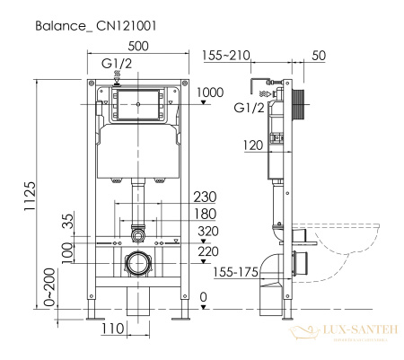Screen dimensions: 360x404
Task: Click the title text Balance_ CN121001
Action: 97,26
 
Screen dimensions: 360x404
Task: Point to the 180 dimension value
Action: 206,215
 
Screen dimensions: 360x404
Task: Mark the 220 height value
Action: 207,252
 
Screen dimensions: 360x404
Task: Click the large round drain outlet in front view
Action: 140,264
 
